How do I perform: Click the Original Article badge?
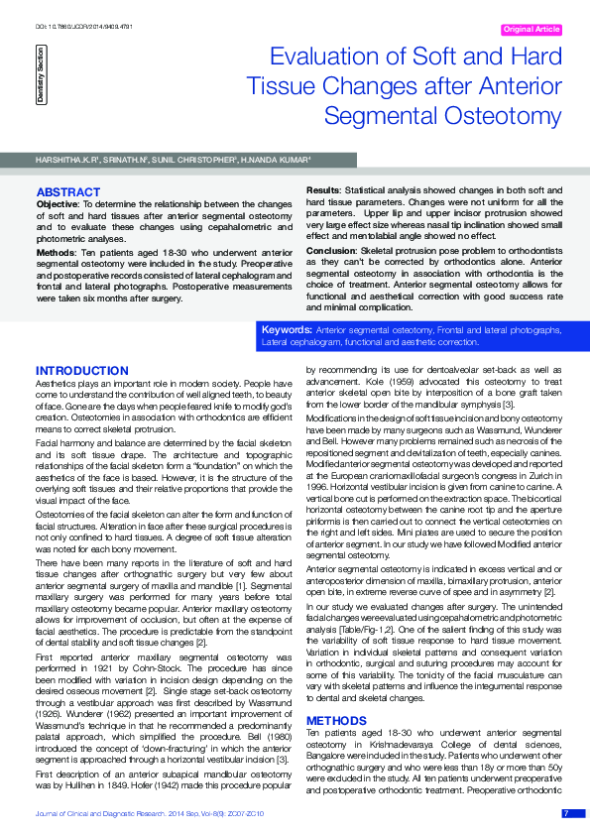(x=531, y=30)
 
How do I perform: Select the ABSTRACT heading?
(x=67, y=190)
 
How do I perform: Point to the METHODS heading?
(x=337, y=720)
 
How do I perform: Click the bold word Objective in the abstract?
(x=57, y=202)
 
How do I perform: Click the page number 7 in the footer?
(x=566, y=813)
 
